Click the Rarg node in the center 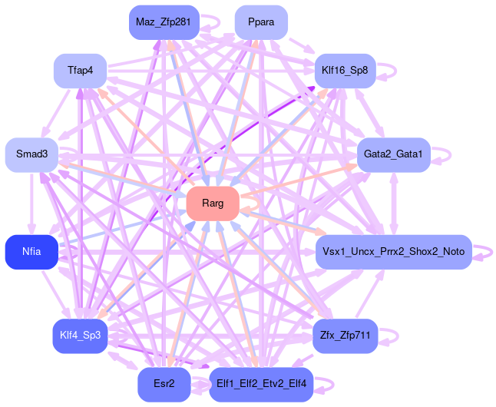tap(213, 203)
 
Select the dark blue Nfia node tap(31, 252)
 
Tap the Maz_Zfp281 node tap(163, 22)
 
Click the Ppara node tap(261, 22)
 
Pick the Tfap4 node tap(80, 71)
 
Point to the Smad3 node tap(31, 154)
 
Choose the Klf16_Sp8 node tap(345, 71)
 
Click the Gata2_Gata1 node tap(393, 154)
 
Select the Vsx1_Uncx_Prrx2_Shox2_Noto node tap(393, 252)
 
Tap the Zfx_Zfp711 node tap(345, 336)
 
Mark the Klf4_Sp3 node tap(80, 336)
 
